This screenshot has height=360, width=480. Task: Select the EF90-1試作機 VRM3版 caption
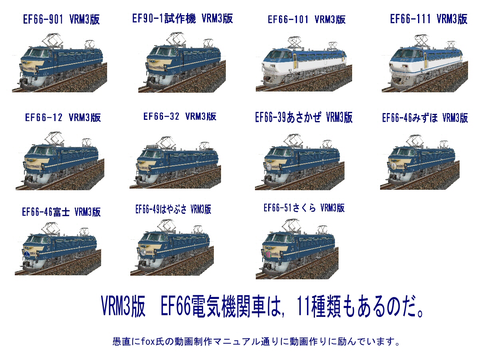point(182,18)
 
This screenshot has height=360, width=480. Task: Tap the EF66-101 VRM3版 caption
point(307,20)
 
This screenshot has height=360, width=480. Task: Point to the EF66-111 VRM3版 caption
point(428,19)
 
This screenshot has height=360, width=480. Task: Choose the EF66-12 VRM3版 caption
point(63,117)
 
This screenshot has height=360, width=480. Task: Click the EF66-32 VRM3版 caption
point(180,116)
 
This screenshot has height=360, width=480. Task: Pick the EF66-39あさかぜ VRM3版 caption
point(304,117)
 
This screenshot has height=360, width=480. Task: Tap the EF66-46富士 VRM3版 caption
point(61,212)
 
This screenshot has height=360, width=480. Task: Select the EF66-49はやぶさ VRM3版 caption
point(173,209)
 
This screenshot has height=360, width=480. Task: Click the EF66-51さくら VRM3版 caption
point(304,208)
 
